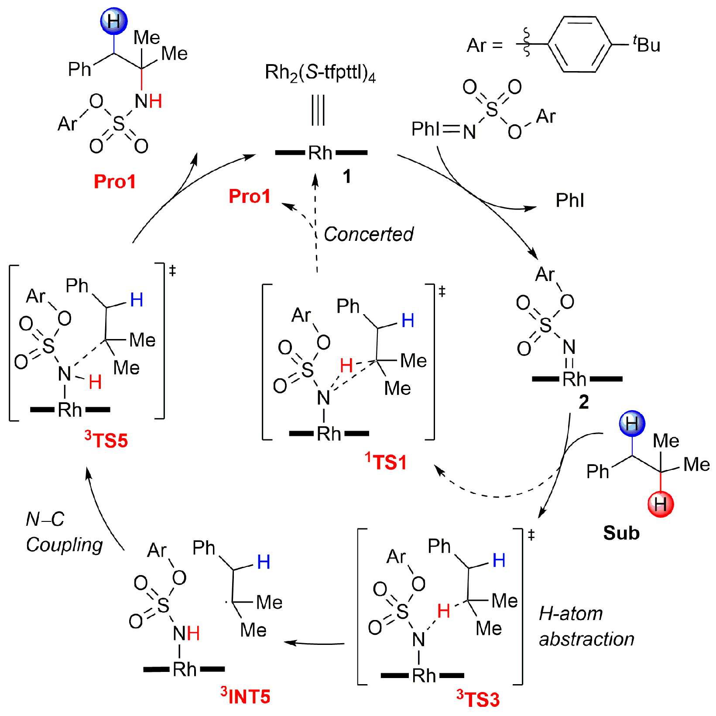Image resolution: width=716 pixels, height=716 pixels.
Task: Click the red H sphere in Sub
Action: click(661, 504)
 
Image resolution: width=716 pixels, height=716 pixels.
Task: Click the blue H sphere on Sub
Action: click(632, 423)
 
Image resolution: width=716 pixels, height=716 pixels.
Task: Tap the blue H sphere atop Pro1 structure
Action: click(113, 21)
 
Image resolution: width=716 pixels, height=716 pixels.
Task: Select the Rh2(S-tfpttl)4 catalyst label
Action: click(320, 72)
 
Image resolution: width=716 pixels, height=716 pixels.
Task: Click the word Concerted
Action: click(368, 234)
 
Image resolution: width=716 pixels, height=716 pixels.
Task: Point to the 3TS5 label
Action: click(106, 440)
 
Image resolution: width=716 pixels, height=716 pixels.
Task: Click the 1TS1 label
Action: click(386, 462)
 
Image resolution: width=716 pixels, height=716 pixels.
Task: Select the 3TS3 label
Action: click(478, 699)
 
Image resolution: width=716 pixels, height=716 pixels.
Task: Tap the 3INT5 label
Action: click(246, 696)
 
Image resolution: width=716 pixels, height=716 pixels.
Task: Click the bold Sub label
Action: click(621, 533)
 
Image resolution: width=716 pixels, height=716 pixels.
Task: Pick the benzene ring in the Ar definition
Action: click(579, 44)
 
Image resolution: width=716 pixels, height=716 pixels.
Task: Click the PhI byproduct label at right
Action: click(569, 201)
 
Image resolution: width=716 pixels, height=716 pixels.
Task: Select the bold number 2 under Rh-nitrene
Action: click(583, 402)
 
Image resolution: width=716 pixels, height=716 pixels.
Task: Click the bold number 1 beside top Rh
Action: click(346, 176)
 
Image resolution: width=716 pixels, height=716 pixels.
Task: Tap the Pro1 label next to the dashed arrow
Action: click(250, 196)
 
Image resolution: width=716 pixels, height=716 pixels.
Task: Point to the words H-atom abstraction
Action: click(586, 626)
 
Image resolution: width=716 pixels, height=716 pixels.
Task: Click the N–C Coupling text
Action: click(64, 532)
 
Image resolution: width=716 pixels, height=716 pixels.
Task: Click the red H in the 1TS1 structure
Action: click(346, 365)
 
